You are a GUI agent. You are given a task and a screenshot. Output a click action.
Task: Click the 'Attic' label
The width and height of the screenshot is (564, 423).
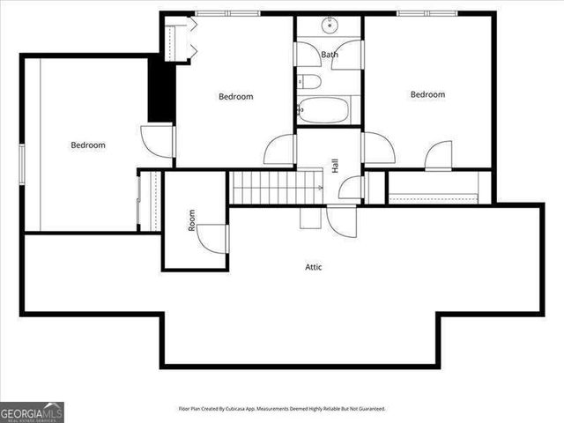313,266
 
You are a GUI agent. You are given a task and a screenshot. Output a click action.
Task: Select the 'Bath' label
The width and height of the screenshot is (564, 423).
329,55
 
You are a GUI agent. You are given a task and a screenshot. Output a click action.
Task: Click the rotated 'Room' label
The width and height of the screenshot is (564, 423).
191,219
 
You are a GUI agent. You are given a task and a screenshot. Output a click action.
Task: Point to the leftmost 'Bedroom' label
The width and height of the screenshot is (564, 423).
88,145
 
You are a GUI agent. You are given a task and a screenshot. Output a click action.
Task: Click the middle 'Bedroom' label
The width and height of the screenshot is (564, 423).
235,97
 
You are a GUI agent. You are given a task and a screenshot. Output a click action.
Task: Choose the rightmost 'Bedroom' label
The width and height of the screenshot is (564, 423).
427,94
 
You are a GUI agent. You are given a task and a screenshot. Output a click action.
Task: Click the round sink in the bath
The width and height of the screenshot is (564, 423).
330,24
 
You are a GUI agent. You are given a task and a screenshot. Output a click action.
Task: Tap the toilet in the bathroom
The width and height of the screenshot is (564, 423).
308,83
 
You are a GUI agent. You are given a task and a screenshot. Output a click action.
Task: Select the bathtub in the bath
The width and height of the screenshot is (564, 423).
323,111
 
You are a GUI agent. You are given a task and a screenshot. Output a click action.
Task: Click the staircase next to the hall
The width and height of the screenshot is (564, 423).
273,188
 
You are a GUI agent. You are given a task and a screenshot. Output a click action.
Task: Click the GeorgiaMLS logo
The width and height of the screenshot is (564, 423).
32,412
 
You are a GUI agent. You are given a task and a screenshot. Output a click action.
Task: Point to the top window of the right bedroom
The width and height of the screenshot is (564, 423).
425,12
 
